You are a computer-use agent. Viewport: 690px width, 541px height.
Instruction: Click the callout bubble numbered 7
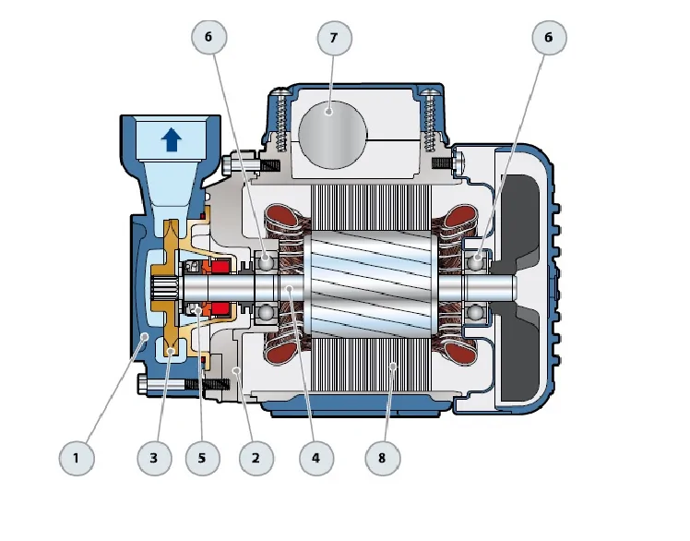click(333, 39)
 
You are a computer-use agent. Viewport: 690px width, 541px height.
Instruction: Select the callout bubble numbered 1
click(77, 457)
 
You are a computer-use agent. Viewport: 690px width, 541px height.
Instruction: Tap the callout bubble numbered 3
click(154, 457)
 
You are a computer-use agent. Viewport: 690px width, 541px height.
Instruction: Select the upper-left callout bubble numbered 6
click(208, 39)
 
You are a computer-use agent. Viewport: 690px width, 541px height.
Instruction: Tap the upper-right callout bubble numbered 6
click(549, 39)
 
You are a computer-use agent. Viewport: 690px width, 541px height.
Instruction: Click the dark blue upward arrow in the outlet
click(171, 140)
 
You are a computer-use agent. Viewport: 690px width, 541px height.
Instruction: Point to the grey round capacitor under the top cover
click(331, 136)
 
